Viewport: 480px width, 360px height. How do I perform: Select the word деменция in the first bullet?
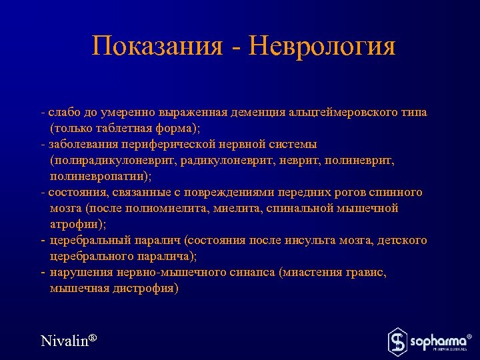tap(258, 112)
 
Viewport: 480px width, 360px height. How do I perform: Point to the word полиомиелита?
tap(169, 208)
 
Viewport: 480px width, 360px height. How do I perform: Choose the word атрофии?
tap(73, 224)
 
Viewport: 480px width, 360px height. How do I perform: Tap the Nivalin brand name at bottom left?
tap(64, 341)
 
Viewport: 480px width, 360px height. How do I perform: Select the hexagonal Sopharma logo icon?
tap(397, 341)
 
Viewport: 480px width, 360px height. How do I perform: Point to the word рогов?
tap(345, 192)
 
